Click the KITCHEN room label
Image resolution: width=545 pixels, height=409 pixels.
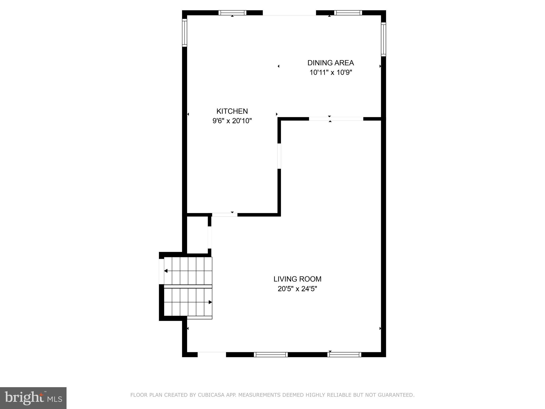point(232,111)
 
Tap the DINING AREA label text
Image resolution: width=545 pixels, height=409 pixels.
point(331,63)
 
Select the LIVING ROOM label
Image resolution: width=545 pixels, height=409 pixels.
point(297,279)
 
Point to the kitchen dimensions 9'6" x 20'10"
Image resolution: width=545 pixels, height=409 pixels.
point(232,121)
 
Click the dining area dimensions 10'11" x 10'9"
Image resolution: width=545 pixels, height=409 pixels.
point(331,72)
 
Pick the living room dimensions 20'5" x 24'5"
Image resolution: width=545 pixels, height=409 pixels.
point(297,289)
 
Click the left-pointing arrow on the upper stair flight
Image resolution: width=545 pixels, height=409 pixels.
point(166,271)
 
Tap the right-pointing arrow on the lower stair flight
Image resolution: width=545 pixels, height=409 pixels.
point(210,302)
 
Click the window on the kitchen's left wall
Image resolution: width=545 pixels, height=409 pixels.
point(184,33)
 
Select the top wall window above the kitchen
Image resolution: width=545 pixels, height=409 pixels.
point(232,13)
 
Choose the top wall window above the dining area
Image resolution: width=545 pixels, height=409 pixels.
point(348,13)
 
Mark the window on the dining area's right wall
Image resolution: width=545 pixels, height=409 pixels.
point(383,39)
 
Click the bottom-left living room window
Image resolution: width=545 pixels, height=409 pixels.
point(271,354)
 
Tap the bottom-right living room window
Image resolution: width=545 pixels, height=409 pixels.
point(344,354)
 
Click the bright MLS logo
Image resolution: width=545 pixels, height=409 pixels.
point(33,398)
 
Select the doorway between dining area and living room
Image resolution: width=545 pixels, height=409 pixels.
point(336,119)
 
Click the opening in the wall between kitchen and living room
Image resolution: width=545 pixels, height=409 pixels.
point(279,156)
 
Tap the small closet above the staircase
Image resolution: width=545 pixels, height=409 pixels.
point(197,234)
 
